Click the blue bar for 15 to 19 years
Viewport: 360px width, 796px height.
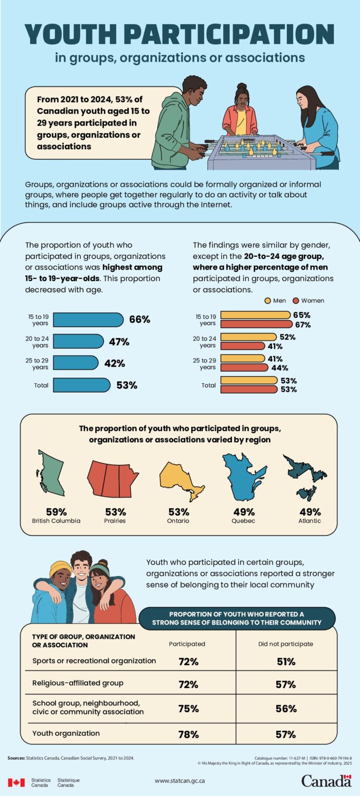click(88, 320)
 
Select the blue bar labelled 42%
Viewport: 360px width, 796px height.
click(75, 363)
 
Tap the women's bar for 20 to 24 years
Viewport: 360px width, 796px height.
click(242, 346)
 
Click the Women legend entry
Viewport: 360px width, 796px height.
click(309, 300)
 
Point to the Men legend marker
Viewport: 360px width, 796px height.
click(267, 300)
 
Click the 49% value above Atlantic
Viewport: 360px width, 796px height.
click(310, 512)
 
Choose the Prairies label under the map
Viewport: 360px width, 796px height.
click(115, 521)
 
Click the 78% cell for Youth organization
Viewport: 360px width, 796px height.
click(188, 734)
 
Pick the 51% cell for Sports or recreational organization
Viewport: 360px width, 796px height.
click(286, 662)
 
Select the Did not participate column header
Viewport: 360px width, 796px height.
click(285, 643)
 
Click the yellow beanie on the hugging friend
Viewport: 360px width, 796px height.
click(61, 569)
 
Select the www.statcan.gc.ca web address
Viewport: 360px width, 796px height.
click(181, 781)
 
